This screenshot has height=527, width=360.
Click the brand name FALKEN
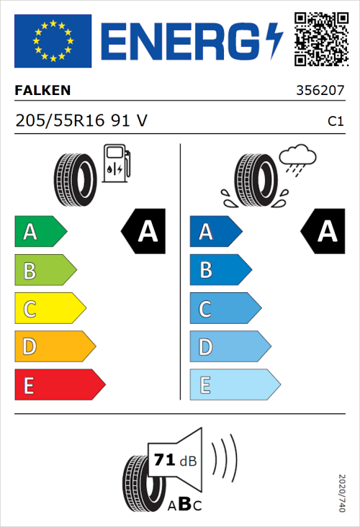(x=42, y=91)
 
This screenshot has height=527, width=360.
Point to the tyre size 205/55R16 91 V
(x=81, y=122)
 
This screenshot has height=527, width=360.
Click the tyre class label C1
(x=335, y=122)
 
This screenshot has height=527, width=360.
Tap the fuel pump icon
(x=116, y=162)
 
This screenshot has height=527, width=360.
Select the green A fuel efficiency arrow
(x=40, y=232)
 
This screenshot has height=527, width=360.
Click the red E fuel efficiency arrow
(x=59, y=385)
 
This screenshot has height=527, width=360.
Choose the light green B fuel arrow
(x=45, y=271)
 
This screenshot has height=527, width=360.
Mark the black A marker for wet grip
(x=324, y=232)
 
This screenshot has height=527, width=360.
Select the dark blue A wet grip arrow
(x=215, y=232)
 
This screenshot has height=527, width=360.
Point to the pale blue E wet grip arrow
(x=234, y=385)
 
